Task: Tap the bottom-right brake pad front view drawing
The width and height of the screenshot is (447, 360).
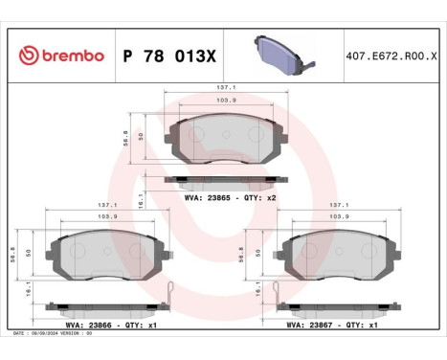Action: pos(327,255)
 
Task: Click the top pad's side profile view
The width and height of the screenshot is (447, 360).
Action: pos(225,179)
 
